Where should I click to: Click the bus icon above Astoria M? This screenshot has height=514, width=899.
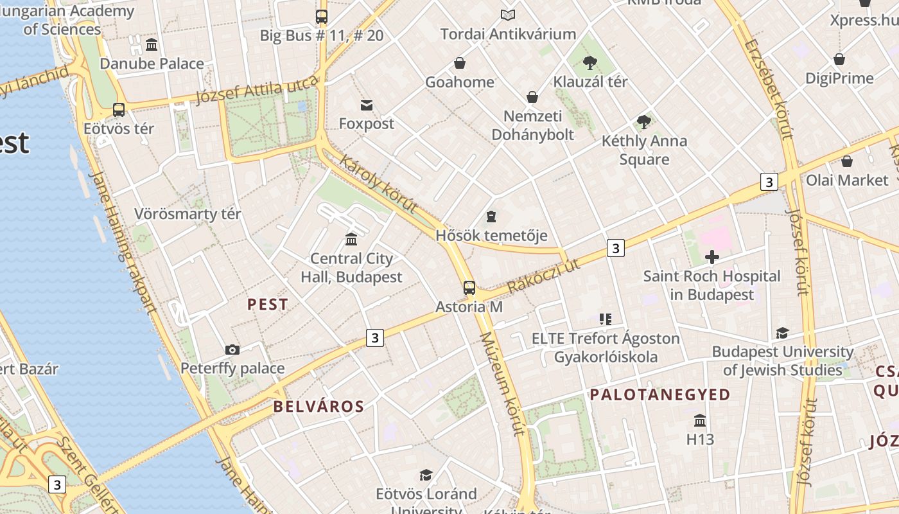click(x=469, y=287)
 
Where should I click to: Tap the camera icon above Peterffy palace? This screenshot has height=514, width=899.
click(x=232, y=350)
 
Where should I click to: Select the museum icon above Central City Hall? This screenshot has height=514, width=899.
click(x=351, y=240)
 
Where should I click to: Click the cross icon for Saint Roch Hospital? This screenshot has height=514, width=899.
click(x=711, y=258)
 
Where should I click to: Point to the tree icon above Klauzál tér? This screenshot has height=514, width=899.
click(x=589, y=63)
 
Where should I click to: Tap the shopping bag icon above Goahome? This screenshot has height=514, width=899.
click(x=460, y=63)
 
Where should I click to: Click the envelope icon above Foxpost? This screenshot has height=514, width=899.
click(x=367, y=105)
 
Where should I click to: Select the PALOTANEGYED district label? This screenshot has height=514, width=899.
click(x=660, y=394)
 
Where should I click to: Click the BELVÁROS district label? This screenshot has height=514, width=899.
click(x=319, y=406)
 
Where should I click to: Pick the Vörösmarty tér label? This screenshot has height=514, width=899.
click(x=188, y=214)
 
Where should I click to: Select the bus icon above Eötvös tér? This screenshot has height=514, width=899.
click(x=119, y=109)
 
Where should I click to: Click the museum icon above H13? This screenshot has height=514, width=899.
click(x=700, y=420)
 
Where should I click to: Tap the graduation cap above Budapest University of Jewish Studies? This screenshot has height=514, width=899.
click(x=782, y=333)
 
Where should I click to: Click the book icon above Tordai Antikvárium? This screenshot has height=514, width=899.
click(x=508, y=15)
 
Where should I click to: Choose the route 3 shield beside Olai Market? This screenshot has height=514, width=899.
click(x=769, y=182)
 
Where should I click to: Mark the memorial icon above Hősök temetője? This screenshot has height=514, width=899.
click(x=491, y=217)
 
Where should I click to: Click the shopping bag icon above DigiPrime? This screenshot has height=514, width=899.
click(x=839, y=59)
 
